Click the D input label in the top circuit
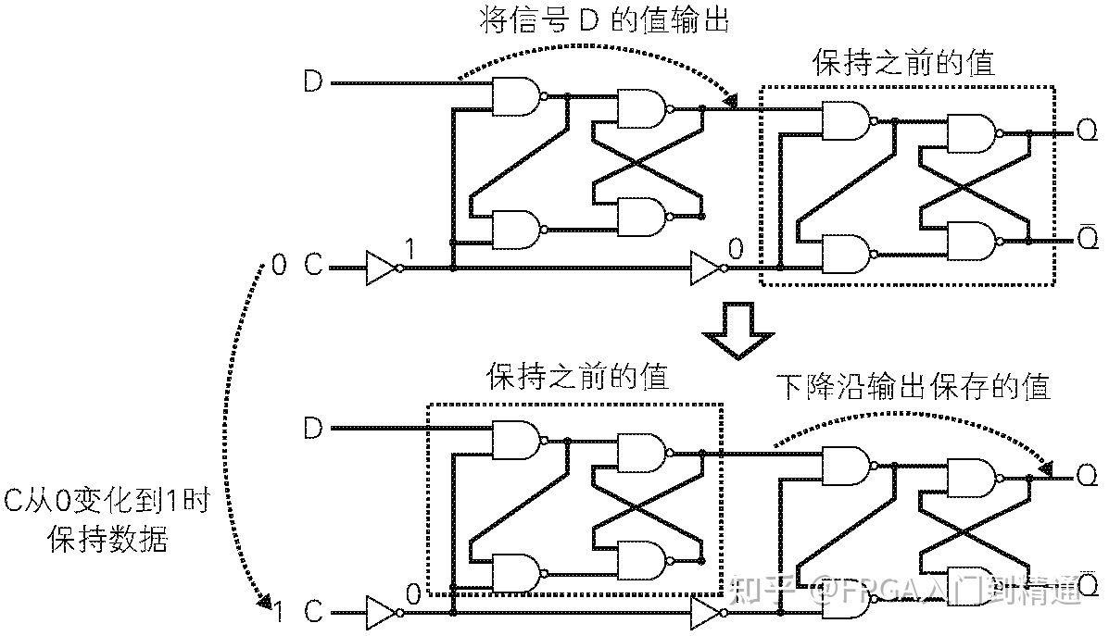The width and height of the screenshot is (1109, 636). click(313, 82)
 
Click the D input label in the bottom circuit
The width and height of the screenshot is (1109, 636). click(313, 429)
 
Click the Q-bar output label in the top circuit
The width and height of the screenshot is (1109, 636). click(1087, 239)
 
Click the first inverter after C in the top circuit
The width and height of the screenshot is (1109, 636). click(382, 268)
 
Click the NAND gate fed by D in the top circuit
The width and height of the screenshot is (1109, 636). click(516, 95)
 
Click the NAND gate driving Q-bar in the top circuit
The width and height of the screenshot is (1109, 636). click(969, 240)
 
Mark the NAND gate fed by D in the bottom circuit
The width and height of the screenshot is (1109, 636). click(516, 440)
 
